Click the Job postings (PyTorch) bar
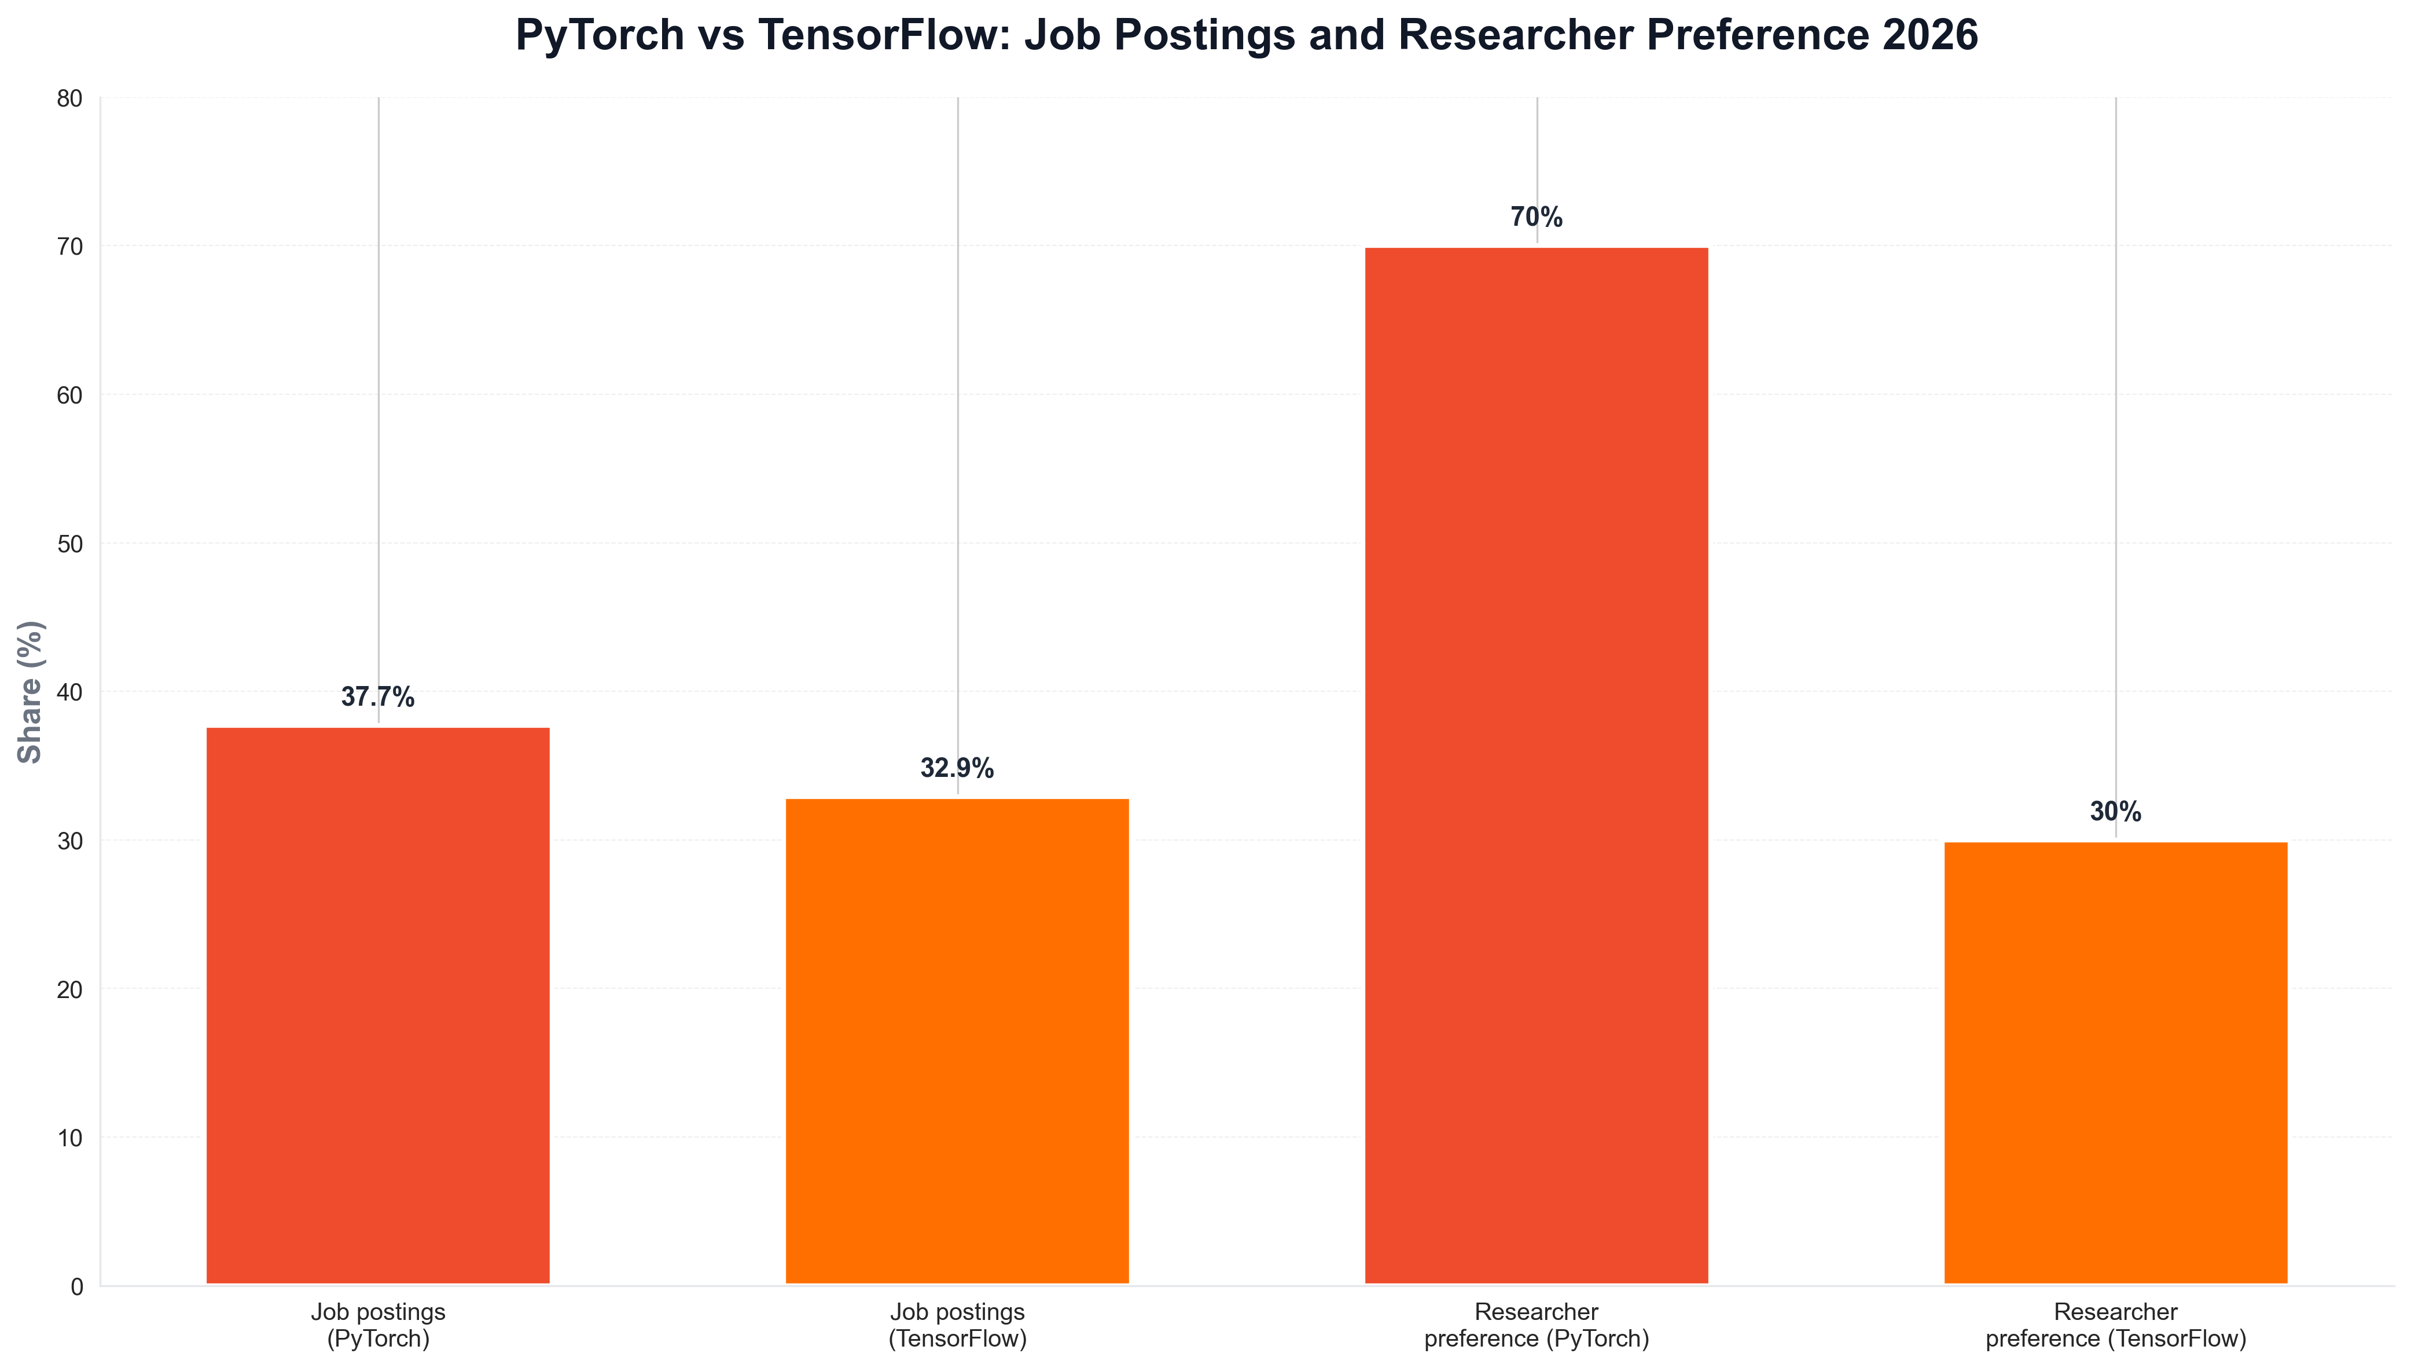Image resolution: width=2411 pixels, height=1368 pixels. [377, 1006]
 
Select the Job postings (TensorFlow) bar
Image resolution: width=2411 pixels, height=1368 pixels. [957, 1041]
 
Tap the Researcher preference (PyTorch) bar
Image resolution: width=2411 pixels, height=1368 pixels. [1537, 766]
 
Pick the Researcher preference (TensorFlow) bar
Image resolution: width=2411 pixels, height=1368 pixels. [2115, 1063]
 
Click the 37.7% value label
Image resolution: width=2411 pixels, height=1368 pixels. [377, 697]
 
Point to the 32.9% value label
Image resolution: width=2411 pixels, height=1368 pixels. [957, 769]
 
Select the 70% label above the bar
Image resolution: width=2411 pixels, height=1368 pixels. [1537, 217]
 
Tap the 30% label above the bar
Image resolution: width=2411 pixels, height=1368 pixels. [2115, 812]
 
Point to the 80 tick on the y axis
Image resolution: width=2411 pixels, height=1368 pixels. [71, 98]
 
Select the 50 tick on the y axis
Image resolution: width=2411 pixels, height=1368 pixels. [71, 544]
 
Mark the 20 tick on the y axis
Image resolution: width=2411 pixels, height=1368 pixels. [71, 989]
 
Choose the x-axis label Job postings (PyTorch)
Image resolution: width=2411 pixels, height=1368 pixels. [377, 1325]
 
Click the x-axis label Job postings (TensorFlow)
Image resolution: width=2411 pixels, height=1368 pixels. [957, 1325]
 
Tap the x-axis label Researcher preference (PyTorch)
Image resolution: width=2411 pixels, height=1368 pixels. [1537, 1325]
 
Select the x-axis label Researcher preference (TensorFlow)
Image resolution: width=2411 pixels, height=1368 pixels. [2115, 1325]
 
